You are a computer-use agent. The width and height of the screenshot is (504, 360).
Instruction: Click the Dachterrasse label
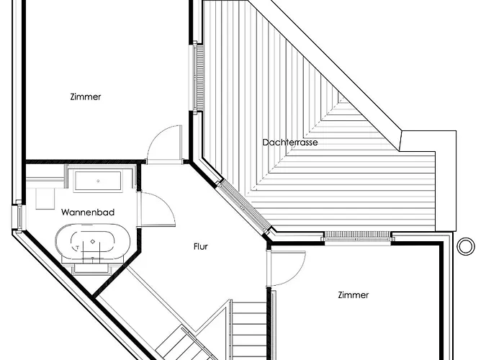[x=290, y=143]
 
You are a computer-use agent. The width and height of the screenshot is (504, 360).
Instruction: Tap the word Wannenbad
[x=88, y=212]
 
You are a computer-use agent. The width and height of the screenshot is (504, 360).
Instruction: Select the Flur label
[x=201, y=246]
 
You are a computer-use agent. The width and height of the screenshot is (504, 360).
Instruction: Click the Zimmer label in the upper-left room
[x=86, y=96]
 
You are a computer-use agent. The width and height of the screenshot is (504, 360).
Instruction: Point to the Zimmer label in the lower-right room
[x=354, y=295]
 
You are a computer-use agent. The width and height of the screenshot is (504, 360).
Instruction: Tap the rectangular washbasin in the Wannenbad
[x=98, y=181]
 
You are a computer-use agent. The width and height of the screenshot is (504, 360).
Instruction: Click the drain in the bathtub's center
[x=93, y=241]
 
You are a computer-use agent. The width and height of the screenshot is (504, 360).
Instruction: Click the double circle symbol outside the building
[x=466, y=246]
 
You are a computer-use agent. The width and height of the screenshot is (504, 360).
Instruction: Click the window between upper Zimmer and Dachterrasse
[x=198, y=78]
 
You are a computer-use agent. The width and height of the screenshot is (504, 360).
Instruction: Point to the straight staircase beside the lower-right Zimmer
[x=249, y=330]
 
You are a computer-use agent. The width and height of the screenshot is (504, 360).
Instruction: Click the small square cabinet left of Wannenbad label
[x=45, y=199]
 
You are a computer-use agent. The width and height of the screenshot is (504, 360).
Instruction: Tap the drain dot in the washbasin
[x=98, y=181]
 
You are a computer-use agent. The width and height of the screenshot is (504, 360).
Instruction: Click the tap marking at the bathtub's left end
[x=77, y=248]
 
